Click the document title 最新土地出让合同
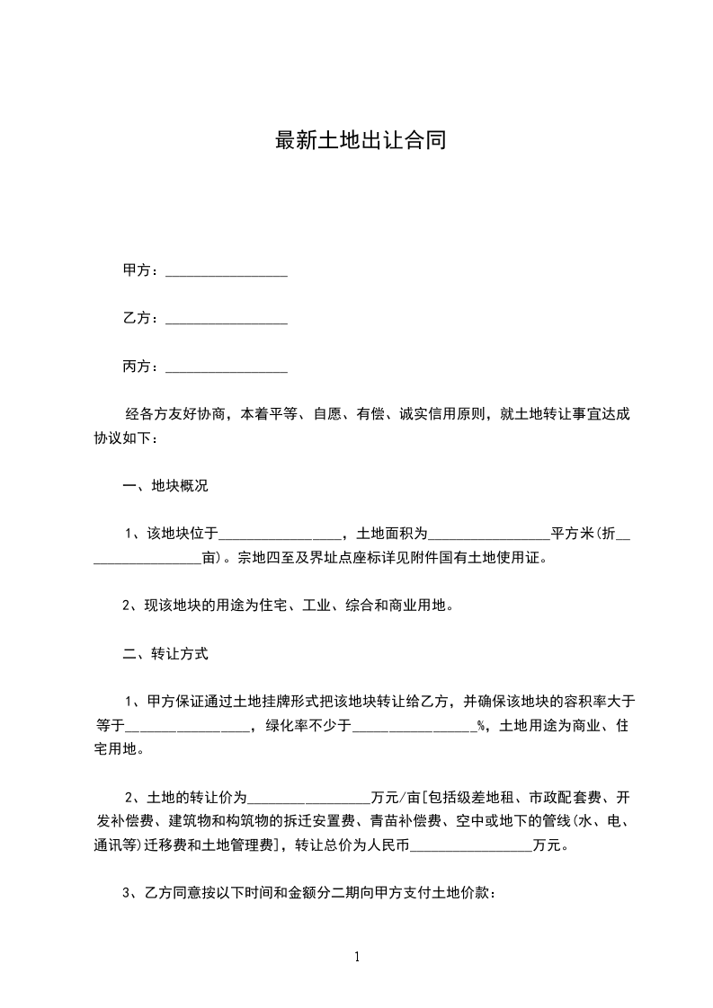point(360,141)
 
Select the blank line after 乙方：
point(227,320)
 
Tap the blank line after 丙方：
point(227,368)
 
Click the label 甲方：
point(141,270)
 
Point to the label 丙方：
point(141,367)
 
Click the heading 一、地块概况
point(165,486)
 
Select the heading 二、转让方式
point(165,654)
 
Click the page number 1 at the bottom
point(358,957)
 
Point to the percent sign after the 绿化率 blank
point(481,726)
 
